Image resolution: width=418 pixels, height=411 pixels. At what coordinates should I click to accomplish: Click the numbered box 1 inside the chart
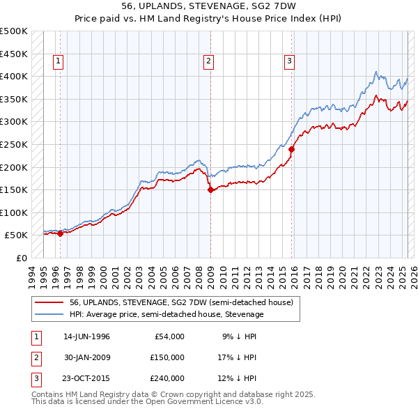coord(58,61)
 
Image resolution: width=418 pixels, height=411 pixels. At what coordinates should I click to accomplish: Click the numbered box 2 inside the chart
coord(208,61)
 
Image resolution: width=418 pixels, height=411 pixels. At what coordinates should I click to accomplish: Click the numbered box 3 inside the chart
coord(289,61)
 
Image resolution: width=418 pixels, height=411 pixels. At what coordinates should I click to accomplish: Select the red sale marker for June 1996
coord(60,233)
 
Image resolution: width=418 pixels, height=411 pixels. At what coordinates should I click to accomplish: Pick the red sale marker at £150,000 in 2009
coord(210,189)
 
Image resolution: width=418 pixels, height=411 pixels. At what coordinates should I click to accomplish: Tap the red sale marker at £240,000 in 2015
coord(292,148)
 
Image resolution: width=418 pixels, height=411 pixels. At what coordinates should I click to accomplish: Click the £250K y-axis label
coord(14,144)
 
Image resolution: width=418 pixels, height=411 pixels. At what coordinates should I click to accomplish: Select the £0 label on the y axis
coord(21,258)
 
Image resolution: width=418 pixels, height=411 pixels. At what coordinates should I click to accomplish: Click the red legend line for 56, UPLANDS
coord(49,302)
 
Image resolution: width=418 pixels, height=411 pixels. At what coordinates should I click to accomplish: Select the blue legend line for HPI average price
coord(49,314)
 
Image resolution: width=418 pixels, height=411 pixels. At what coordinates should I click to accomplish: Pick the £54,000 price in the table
coord(169,336)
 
